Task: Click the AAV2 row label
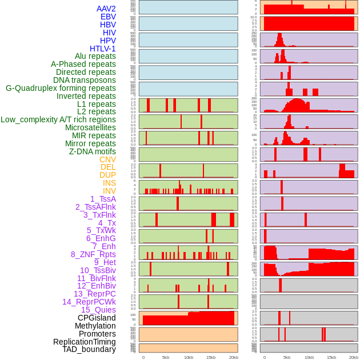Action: pyautogui.click(x=106, y=9)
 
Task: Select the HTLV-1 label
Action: pyautogui.click(x=102, y=49)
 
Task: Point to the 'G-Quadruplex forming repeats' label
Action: pyautogui.click(x=61, y=88)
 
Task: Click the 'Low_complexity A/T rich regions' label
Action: pyautogui.click(x=58, y=119)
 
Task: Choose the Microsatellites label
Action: pyautogui.click(x=90, y=127)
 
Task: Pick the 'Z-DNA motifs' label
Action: pyautogui.click(x=93, y=151)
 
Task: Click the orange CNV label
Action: pyautogui.click(x=107, y=159)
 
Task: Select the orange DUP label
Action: pyautogui.click(x=107, y=175)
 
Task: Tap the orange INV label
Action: pyautogui.click(x=109, y=191)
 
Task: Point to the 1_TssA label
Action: pyautogui.click(x=103, y=199)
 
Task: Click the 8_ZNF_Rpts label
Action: pyautogui.click(x=93, y=254)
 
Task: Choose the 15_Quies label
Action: pyautogui.click(x=98, y=310)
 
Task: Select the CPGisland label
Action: pyautogui.click(x=97, y=318)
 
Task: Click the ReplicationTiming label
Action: pyautogui.click(x=84, y=342)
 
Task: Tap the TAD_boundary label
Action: pyautogui.click(x=89, y=349)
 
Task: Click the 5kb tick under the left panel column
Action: pyautogui.click(x=166, y=357)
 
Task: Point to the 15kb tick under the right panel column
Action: pyautogui.click(x=331, y=357)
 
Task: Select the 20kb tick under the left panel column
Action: pyautogui.click(x=233, y=357)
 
